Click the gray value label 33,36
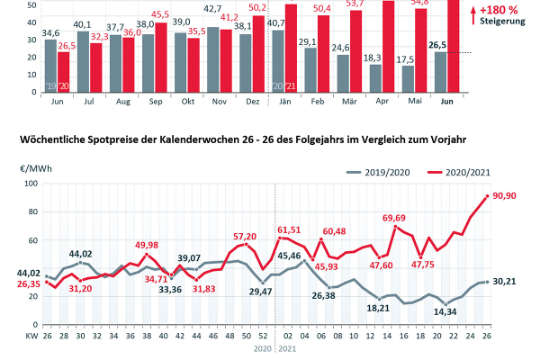point(170,289)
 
